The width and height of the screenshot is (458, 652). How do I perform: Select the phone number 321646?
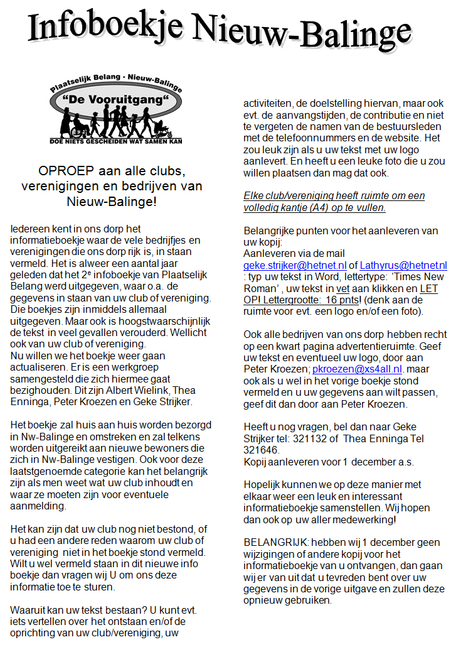[259, 450]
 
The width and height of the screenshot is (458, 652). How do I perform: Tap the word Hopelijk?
[265, 485]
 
